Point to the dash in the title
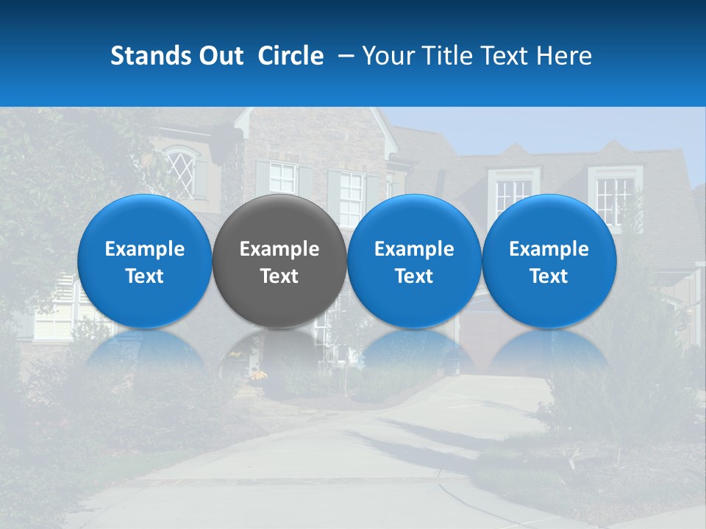343,56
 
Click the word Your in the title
387,56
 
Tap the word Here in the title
563,56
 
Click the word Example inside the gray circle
279,249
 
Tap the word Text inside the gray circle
279,276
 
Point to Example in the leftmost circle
145,249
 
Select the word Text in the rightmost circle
549,276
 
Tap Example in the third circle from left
414,249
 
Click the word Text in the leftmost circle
145,276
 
